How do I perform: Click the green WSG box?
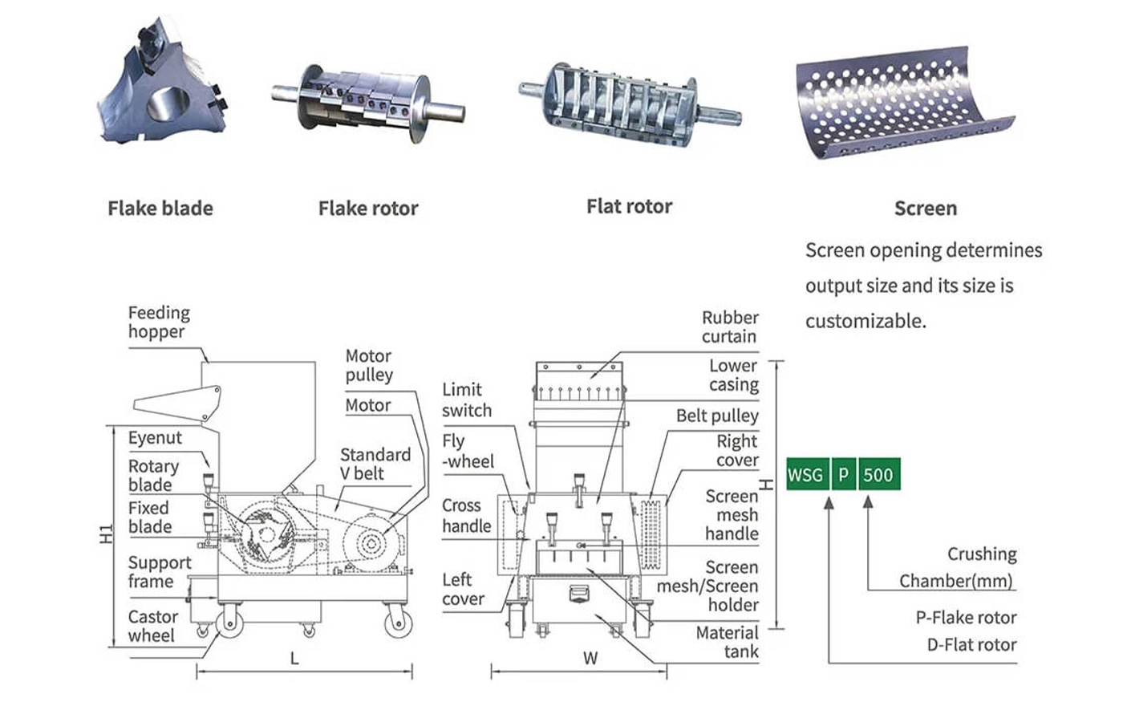tap(807, 474)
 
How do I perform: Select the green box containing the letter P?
tap(844, 474)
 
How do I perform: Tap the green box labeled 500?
tap(879, 474)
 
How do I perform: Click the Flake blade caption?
tap(160, 208)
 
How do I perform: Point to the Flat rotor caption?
tap(629, 206)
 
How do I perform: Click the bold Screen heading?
tap(926, 208)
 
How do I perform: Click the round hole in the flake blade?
tap(168, 103)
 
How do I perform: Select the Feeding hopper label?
tap(159, 322)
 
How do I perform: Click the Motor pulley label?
tap(369, 365)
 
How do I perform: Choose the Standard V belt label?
tap(375, 464)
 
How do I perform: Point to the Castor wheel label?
tap(153, 626)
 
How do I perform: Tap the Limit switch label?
tap(467, 400)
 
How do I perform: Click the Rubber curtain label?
tap(730, 327)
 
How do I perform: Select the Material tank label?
tap(727, 642)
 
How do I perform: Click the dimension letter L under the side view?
tap(294, 659)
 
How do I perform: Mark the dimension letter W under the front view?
tap(590, 659)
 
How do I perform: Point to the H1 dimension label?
tap(106, 534)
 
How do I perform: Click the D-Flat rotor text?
tap(971, 644)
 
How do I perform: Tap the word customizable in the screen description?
tap(866, 322)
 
